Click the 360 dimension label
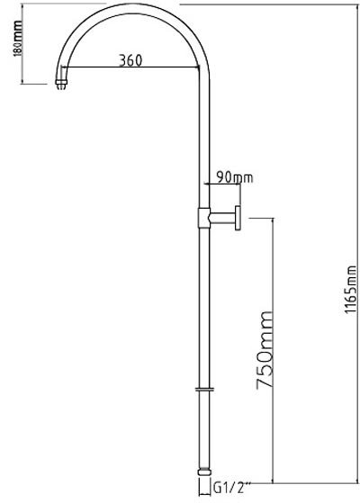(130, 60)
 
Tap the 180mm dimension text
(18, 39)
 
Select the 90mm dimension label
(235, 177)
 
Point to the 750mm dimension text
(265, 350)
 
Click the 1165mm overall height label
(351, 290)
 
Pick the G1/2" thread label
(230, 489)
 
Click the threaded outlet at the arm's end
(61, 85)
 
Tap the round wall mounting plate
(238, 218)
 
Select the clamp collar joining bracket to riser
(203, 218)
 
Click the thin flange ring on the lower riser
(204, 390)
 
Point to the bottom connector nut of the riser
(204, 472)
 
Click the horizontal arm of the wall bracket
(222, 218)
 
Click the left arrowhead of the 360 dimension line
(64, 67)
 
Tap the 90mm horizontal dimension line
(222, 184)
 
